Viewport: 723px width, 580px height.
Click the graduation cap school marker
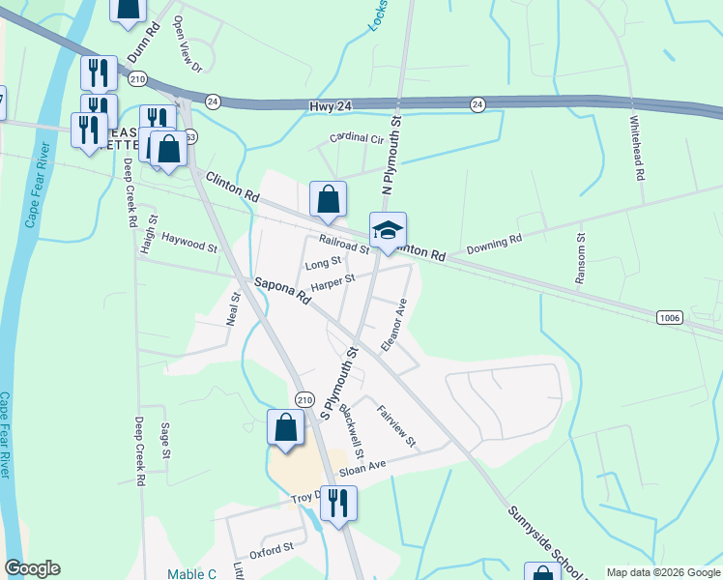coord(388,231)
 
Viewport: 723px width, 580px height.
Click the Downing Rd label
coord(494,243)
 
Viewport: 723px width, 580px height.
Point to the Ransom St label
coord(580,258)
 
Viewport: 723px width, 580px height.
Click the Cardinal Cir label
coord(357,138)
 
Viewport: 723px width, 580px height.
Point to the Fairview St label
coord(396,425)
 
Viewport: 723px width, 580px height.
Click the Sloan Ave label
coord(362,466)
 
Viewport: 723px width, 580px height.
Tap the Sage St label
coord(166,440)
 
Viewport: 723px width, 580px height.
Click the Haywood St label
coord(189,242)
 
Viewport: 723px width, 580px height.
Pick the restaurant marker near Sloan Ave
coord(338,504)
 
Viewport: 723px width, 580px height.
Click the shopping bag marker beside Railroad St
coord(328,199)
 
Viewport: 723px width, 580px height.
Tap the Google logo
coord(32,568)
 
